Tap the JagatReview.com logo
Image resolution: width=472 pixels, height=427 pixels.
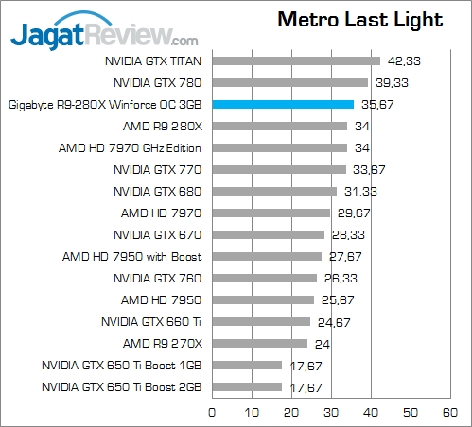click(104, 35)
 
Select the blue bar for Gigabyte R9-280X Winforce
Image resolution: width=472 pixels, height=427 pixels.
click(283, 104)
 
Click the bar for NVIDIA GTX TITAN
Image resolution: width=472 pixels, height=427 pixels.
click(296, 60)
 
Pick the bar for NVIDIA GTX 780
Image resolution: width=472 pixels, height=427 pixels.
click(289, 82)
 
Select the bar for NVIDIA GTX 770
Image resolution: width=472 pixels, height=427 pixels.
click(278, 169)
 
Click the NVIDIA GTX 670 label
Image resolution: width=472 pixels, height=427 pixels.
click(157, 234)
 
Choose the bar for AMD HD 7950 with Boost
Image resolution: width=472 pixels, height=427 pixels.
click(267, 256)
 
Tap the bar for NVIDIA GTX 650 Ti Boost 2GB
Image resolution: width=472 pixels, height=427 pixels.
click(247, 386)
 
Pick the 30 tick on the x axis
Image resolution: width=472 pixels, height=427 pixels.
click(331, 412)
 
